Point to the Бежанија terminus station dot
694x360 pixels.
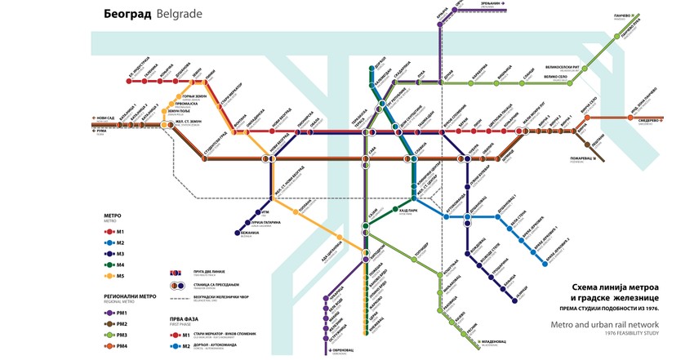tap(238, 234)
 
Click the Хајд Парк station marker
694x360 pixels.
tap(396, 210)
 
